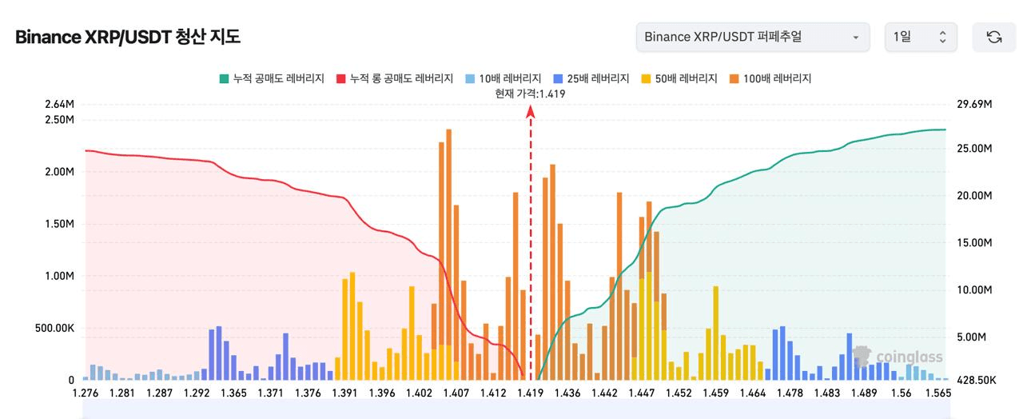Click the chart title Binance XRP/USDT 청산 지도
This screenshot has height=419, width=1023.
(128, 37)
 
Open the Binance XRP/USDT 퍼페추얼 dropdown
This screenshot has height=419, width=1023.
(752, 37)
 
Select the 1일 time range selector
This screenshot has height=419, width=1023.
(920, 37)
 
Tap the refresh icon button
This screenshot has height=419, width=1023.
(993, 37)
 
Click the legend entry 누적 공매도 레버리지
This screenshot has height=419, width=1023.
(272, 78)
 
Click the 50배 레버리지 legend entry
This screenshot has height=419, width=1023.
(681, 78)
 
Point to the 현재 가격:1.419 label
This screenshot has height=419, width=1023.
(531, 94)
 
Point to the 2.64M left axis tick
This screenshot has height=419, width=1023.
(59, 105)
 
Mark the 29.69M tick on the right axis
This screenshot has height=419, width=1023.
(973, 105)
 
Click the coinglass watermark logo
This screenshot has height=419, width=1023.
(898, 357)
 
